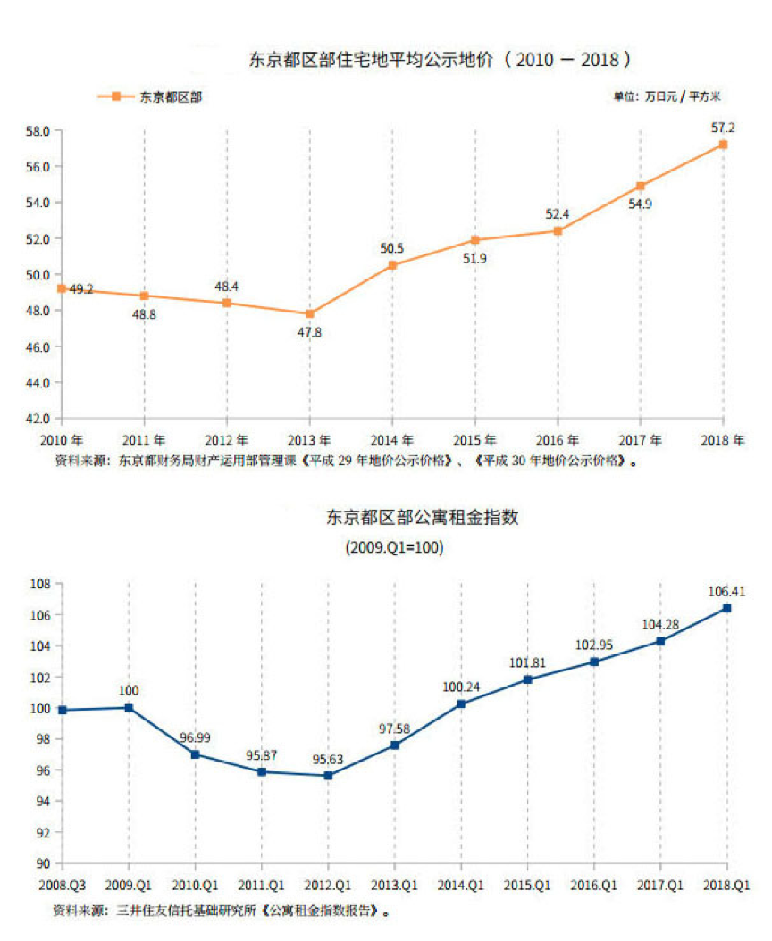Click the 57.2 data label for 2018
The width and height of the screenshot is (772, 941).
point(723,128)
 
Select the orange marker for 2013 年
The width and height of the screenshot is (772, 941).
point(309,313)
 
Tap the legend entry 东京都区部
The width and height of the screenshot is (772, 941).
point(170,96)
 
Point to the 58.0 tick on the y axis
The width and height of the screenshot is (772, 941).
point(38,131)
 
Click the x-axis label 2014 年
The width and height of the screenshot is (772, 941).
point(392,440)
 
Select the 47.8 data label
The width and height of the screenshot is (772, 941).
point(309,332)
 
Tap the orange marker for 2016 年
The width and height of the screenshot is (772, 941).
point(558,230)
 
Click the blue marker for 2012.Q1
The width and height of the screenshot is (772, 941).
point(328,775)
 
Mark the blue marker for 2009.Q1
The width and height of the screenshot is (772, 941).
point(130,707)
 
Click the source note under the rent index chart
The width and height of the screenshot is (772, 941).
point(222,912)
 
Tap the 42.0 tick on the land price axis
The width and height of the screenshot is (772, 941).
point(38,418)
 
